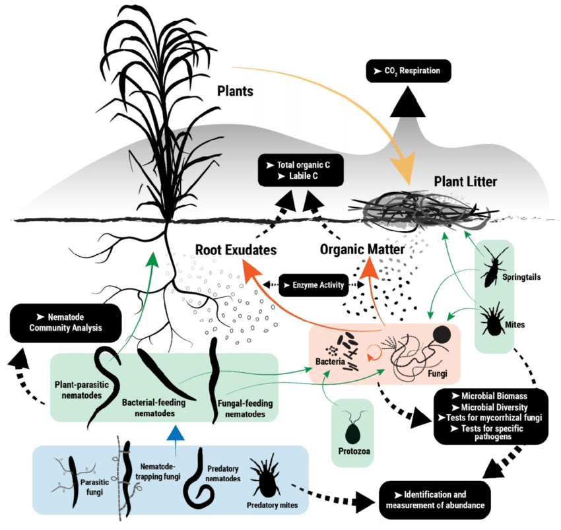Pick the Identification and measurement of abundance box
click(435, 500)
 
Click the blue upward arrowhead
click(174, 433)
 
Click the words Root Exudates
click(234, 250)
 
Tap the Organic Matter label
click(356, 250)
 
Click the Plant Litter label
click(465, 180)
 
